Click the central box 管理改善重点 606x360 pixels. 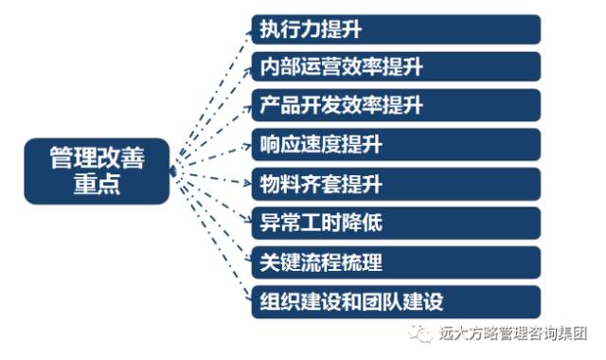(x=98, y=171)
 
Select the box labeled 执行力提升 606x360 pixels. (x=396, y=28)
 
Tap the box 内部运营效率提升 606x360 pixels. (x=396, y=67)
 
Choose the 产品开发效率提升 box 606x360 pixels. (x=396, y=105)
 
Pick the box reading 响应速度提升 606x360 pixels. (x=396, y=145)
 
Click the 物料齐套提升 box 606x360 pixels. (x=396, y=184)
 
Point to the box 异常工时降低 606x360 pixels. (x=396, y=224)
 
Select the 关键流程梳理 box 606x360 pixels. (x=396, y=262)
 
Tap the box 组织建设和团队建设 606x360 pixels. (x=396, y=302)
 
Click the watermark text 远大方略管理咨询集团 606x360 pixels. (x=513, y=334)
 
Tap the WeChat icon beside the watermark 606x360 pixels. (x=419, y=334)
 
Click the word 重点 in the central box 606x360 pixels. (x=98, y=186)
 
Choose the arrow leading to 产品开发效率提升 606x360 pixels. (x=210, y=135)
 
